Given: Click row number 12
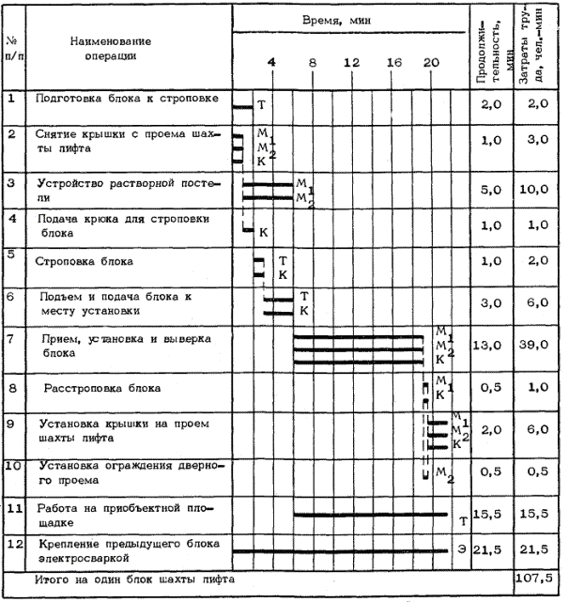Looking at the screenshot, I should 13,543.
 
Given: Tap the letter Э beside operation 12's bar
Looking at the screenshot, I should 462,548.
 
